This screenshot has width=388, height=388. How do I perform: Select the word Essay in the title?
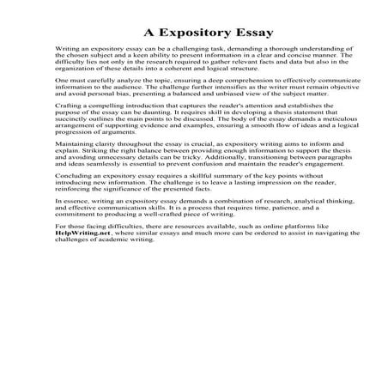click(x=253, y=33)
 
